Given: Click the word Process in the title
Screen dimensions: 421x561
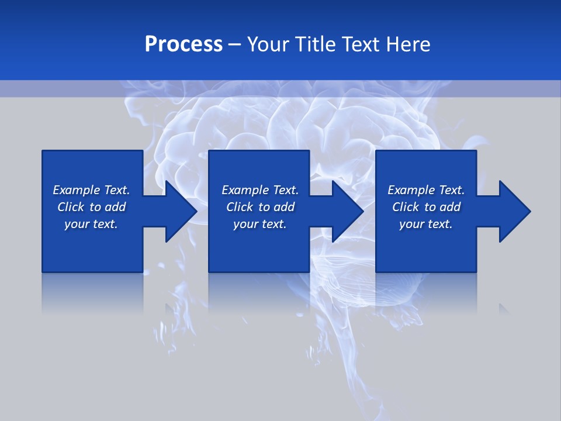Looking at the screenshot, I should (183, 44).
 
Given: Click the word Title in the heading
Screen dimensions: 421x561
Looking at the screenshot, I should (316, 44).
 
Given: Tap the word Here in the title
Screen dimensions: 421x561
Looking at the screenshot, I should (407, 44).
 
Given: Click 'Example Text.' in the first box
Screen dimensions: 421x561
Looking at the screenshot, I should (91, 190).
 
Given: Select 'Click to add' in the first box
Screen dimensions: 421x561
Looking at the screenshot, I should (91, 207).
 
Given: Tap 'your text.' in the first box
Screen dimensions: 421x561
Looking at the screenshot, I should (91, 224).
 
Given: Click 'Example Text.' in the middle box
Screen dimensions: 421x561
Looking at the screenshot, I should (260, 190).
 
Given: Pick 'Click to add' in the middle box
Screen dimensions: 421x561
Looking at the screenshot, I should (260, 207).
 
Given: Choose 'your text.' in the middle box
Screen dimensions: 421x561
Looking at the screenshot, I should (260, 224).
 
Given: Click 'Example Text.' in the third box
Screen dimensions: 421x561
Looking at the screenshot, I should (426, 190).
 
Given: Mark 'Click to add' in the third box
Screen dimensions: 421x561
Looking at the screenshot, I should (426, 207).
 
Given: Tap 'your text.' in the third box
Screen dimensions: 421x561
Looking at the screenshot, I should (426, 224).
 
